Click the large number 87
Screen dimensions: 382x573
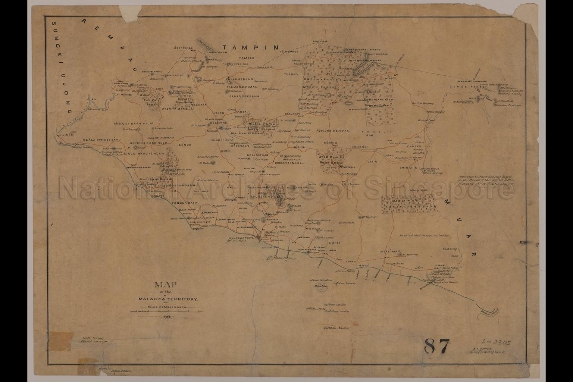pos(437,346)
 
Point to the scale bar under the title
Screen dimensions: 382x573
pos(167,311)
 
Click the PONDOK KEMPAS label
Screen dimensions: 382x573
pos(332,131)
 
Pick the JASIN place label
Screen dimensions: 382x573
pos(372,162)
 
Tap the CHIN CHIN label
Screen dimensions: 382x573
pos(408,168)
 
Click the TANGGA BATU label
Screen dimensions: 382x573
pos(173,203)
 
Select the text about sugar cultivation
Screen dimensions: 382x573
pos(425,236)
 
